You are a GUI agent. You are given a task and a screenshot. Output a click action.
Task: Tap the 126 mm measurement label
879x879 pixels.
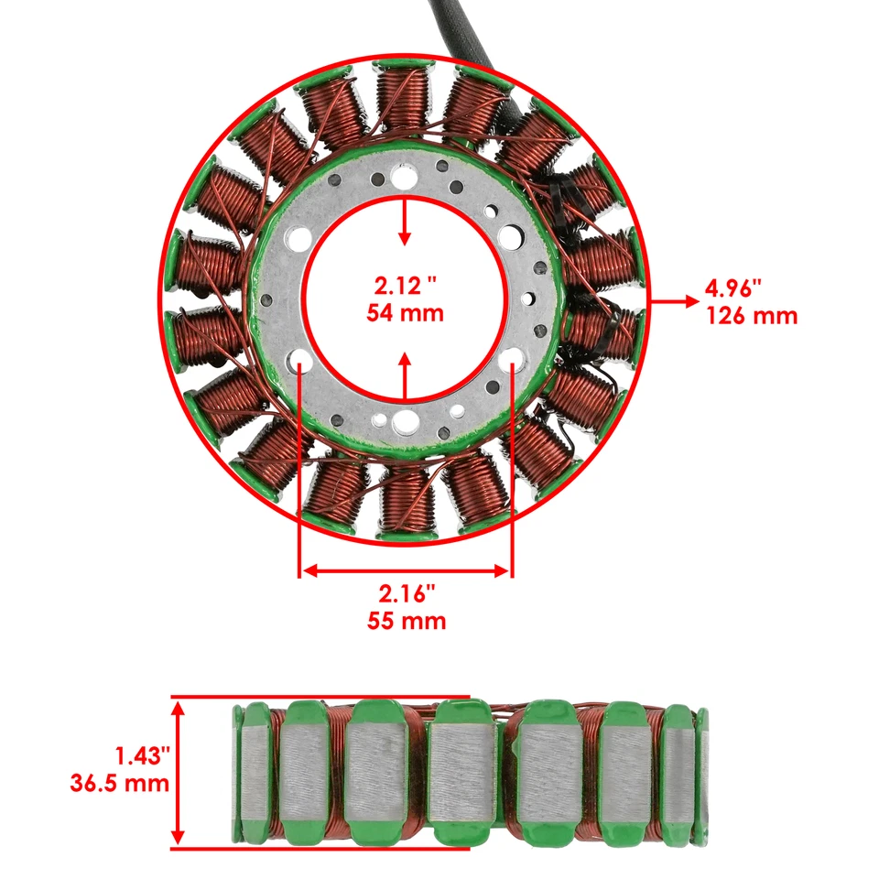pyautogui.click(x=752, y=317)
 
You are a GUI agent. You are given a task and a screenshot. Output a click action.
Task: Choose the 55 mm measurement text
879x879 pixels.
pyautogui.click(x=405, y=622)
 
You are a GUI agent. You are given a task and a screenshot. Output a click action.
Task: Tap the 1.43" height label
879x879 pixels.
pyautogui.click(x=142, y=756)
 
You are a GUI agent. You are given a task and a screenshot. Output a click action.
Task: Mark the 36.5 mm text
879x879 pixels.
pyautogui.click(x=119, y=784)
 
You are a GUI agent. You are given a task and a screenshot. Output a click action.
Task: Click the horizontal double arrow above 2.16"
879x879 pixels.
pyautogui.click(x=405, y=570)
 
